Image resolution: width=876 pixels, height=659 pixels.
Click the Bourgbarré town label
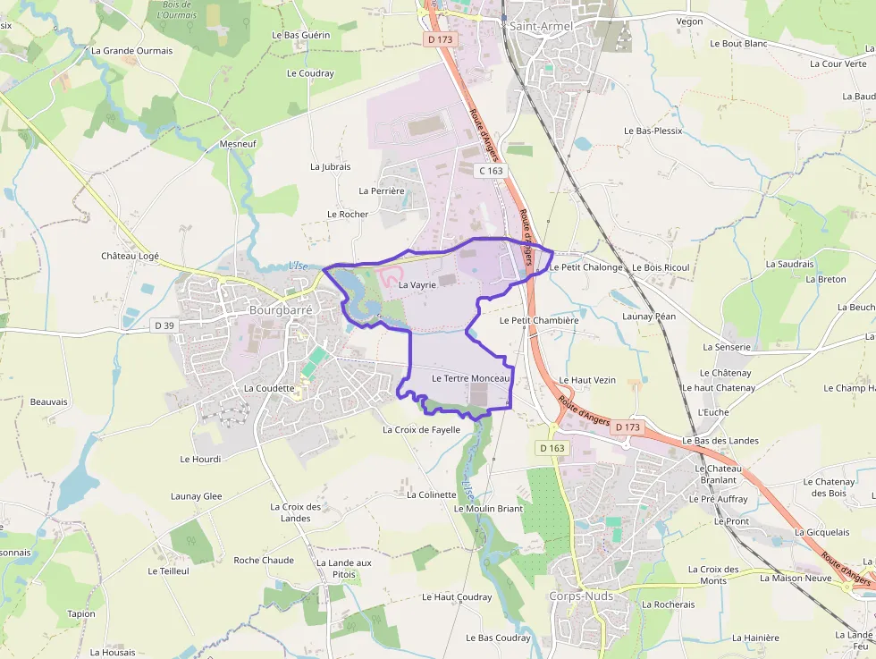281,309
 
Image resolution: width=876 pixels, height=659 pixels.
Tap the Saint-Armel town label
541,26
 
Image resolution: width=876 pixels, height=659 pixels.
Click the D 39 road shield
164,325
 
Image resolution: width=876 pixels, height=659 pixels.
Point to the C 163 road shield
491,170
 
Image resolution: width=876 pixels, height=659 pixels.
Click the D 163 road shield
552,447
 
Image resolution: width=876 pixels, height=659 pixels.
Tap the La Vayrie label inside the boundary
417,284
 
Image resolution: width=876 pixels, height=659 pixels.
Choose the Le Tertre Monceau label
470,378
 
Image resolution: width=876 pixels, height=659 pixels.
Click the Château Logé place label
130,256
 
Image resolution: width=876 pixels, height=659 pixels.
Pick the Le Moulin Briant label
488,508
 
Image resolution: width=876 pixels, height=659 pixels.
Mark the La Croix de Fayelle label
421,429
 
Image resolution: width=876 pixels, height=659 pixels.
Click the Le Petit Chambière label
539,319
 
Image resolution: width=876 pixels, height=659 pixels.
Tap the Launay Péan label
649,316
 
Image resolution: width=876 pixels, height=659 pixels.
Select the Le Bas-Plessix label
653,131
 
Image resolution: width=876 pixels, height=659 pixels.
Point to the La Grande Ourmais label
131,51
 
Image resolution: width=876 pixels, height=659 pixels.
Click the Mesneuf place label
238,144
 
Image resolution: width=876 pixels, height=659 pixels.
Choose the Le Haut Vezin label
587,380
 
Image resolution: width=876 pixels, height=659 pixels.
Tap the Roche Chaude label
264,560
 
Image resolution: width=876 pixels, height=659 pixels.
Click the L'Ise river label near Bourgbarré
298,265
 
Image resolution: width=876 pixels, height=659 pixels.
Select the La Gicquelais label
821,531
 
